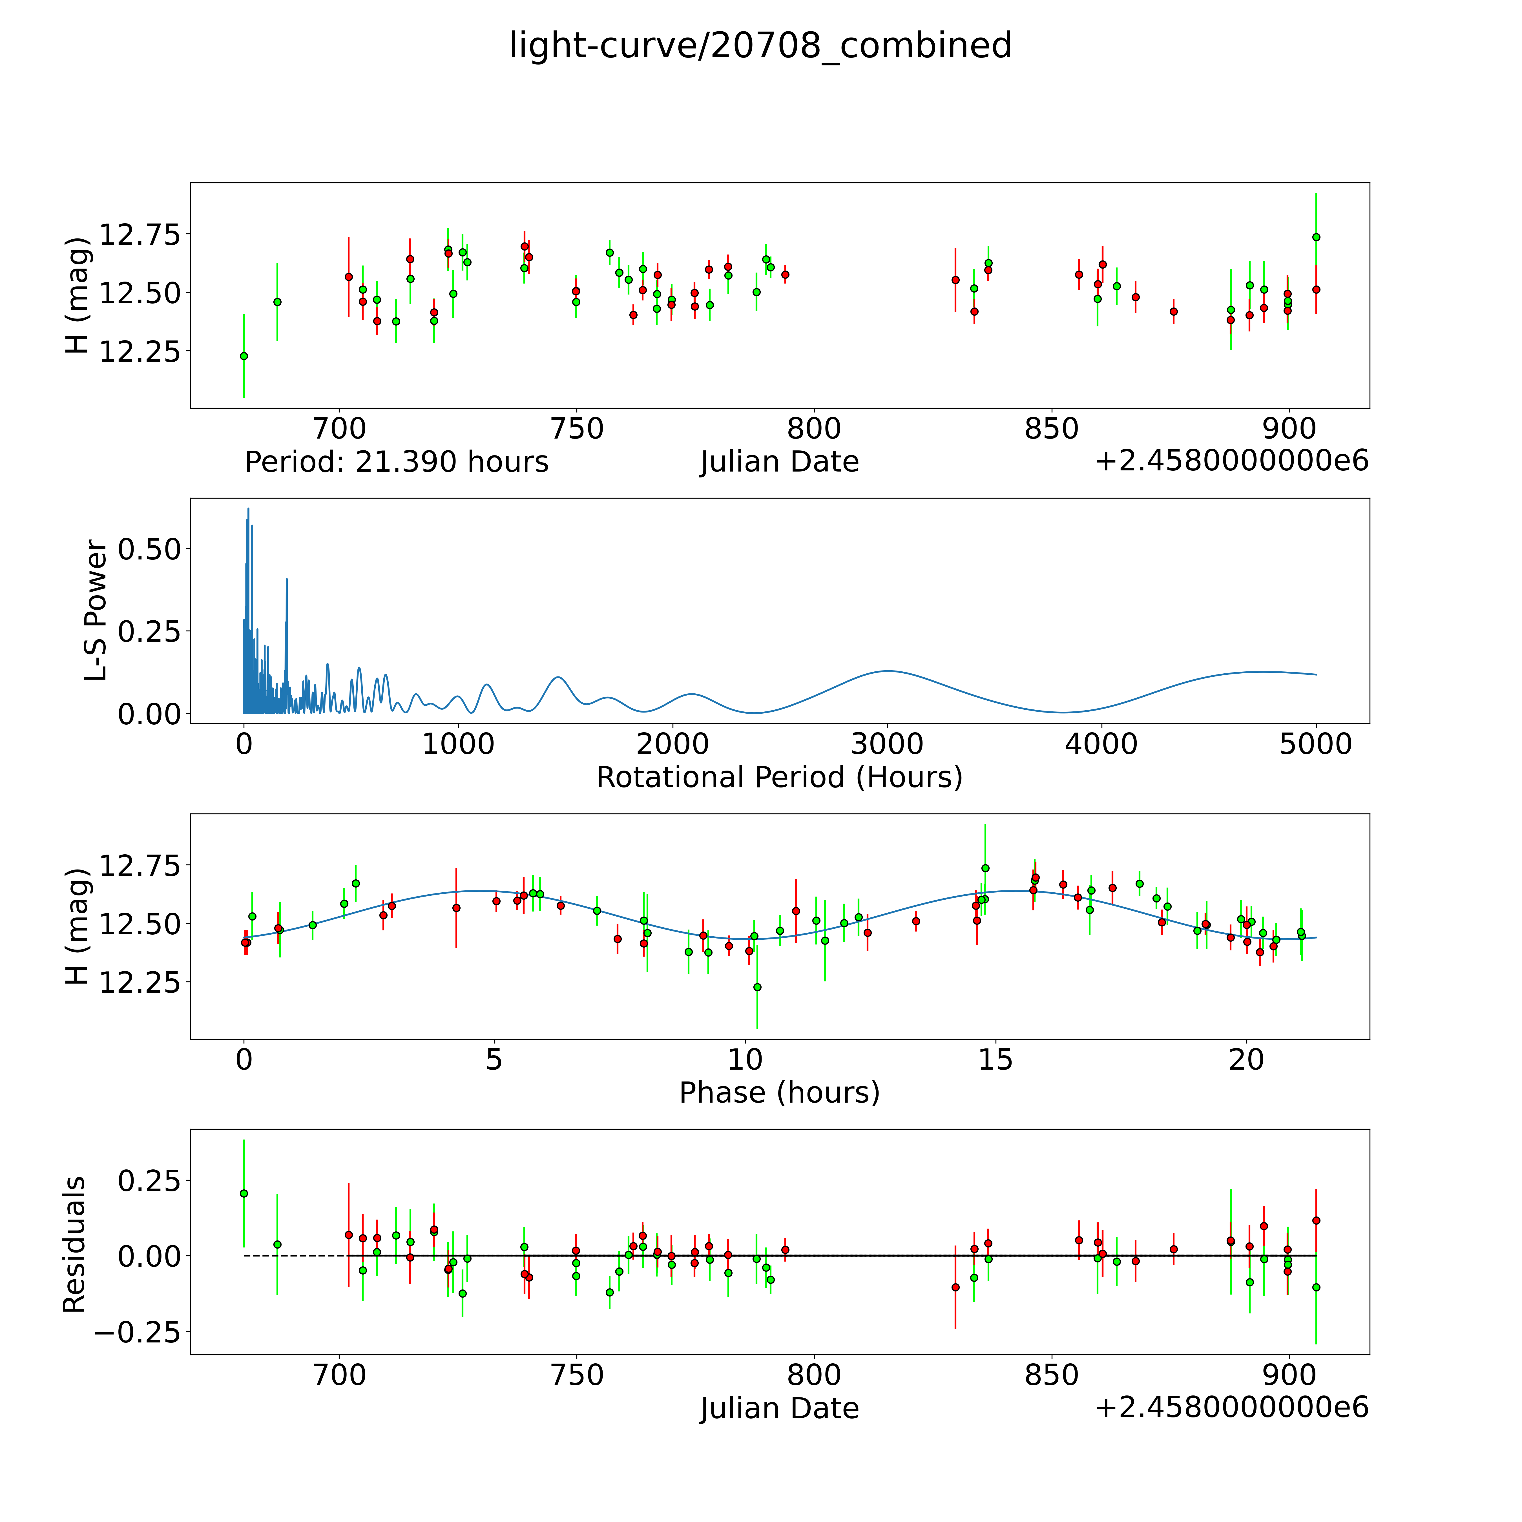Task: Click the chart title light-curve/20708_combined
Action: coord(760,46)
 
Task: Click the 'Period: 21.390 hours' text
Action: coord(396,462)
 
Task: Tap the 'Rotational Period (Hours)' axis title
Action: coord(779,778)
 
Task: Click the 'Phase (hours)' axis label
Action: coord(779,1093)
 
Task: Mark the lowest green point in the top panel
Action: coord(244,356)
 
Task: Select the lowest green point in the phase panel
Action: coord(757,987)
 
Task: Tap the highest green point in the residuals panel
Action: coord(244,1193)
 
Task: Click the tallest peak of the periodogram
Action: coord(248,509)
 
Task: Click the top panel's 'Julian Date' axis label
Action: coord(779,462)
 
